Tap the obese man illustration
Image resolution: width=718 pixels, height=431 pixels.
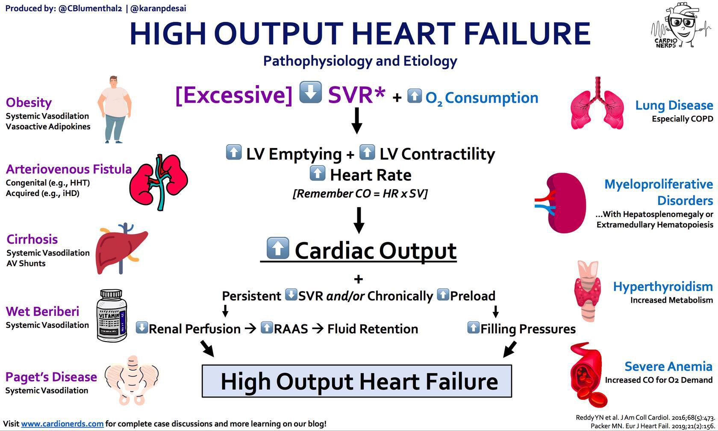[115, 110]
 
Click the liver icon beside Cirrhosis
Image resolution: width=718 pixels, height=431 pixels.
[121, 248]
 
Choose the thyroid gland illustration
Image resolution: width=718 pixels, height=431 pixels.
[588, 291]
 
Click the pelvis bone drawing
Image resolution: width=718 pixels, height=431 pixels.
[132, 380]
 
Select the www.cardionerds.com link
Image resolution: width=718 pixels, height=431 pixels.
[62, 424]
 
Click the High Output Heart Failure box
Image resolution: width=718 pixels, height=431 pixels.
[357, 381]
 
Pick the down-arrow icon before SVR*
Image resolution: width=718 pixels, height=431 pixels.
[311, 92]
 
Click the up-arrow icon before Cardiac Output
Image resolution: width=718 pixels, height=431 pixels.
[278, 248]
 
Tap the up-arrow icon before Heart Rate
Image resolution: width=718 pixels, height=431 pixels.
[317, 173]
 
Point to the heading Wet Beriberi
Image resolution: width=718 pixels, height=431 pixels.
[42, 311]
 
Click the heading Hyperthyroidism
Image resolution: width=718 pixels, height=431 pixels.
[663, 286]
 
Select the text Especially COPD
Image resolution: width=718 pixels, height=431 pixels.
[683, 119]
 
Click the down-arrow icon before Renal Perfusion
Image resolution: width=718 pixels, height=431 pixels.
[142, 328]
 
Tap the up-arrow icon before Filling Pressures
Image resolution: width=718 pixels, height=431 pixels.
[474, 328]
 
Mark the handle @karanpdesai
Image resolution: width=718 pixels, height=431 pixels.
[158, 8]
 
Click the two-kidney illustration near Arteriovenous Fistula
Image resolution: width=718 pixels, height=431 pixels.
[158, 182]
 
